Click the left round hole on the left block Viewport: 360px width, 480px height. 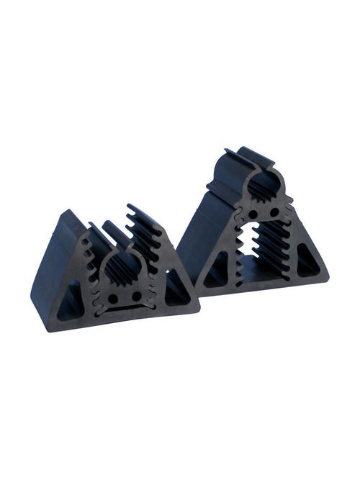(x=113, y=297)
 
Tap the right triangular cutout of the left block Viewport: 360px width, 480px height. (x=175, y=291)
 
